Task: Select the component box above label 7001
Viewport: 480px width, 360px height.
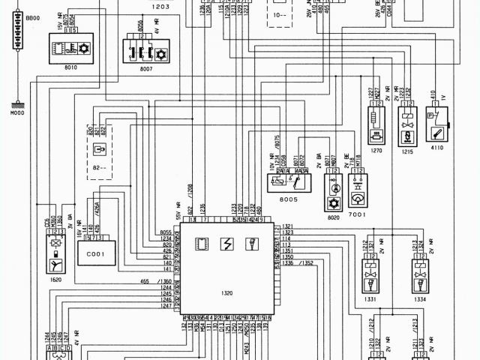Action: coord(358,182)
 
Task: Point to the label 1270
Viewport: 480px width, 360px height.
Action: coord(376,150)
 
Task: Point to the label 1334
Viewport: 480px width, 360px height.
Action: coord(420,298)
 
